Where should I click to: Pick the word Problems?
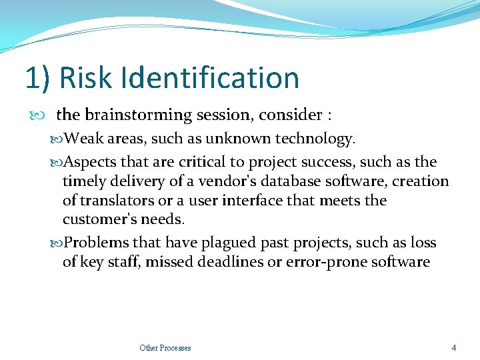pos(96,243)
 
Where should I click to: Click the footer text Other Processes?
pos(165,348)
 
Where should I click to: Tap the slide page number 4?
pos(454,347)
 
